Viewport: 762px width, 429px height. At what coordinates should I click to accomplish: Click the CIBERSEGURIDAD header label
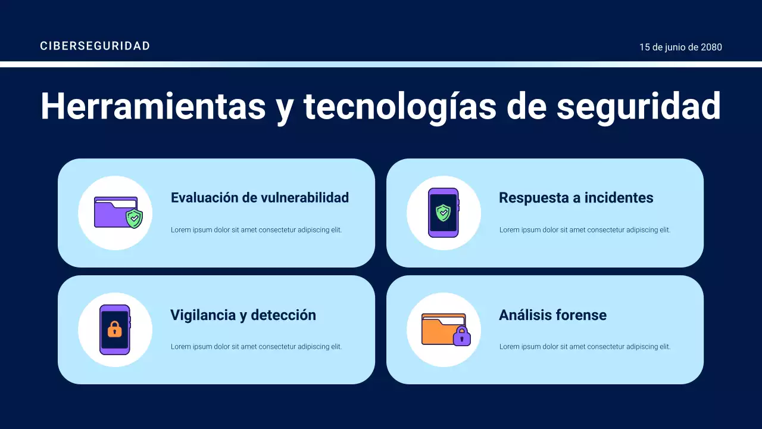(95, 46)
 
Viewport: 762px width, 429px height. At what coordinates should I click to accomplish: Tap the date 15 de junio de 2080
(680, 47)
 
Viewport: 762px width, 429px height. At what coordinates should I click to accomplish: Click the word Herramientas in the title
(153, 107)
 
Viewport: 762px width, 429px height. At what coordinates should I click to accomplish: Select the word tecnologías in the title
(399, 107)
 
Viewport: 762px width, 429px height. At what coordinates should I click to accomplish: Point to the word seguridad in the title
(638, 107)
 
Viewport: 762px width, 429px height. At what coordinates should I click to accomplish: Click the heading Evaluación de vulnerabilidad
(260, 198)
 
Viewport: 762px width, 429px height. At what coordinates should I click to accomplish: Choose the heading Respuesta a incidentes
(576, 198)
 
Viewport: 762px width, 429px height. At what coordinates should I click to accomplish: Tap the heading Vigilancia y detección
(243, 315)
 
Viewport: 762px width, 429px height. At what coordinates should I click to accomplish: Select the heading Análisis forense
(552, 315)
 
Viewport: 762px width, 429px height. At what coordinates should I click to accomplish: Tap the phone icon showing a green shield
(444, 213)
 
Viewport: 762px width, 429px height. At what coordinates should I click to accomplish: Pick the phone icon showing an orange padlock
(115, 329)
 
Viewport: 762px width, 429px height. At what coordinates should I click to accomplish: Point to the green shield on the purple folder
(135, 219)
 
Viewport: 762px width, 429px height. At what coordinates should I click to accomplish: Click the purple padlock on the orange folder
(461, 337)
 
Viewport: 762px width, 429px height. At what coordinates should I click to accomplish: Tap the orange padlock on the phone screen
(115, 329)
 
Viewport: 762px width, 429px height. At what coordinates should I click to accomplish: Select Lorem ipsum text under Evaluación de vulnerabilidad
(256, 230)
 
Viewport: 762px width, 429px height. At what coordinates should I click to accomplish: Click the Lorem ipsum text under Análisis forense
(585, 347)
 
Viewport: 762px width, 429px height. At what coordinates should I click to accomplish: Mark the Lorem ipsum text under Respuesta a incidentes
(585, 230)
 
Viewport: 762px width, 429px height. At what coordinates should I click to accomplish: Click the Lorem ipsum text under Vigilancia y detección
(256, 347)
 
